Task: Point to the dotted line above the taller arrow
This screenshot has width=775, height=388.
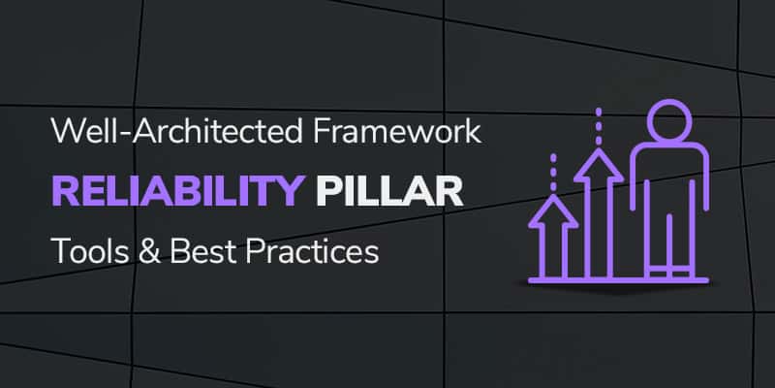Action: coord(599,123)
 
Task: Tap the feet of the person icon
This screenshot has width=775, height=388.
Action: coord(668,272)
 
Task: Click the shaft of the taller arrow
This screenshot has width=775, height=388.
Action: coord(599,228)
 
